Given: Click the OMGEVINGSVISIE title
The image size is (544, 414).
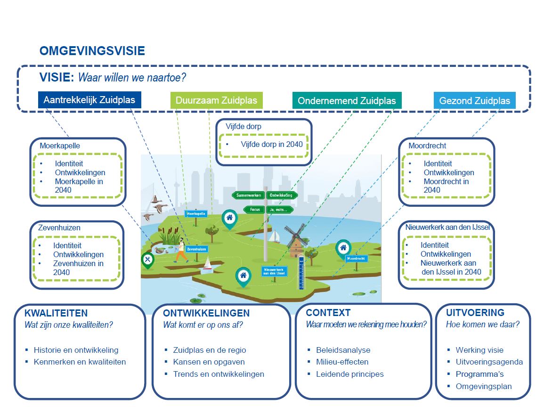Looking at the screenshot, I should click(92, 51).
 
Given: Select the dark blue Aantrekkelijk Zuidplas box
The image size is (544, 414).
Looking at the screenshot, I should click(89, 100).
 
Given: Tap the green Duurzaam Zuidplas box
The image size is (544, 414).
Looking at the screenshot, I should click(216, 100).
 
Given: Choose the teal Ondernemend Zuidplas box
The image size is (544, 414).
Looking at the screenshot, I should click(347, 100).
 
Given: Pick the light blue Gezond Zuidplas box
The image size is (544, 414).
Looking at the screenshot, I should click(474, 101).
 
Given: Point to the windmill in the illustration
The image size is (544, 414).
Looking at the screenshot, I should click(294, 240).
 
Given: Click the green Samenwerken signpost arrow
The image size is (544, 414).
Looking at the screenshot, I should click(248, 195).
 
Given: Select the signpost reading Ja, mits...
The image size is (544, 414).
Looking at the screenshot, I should click(280, 209).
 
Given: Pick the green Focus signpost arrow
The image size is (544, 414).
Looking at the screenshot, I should click(254, 209).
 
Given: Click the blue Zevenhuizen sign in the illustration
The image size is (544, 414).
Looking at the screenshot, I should click(196, 249).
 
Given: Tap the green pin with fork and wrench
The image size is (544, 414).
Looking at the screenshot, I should click(148, 260).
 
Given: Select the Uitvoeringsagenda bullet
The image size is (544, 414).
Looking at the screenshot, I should click(489, 362).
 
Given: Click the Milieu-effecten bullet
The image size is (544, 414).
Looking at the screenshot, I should click(342, 362).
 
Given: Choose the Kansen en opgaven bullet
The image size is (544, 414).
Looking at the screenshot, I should click(209, 362).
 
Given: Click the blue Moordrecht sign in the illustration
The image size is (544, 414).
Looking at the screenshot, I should click(357, 259).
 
